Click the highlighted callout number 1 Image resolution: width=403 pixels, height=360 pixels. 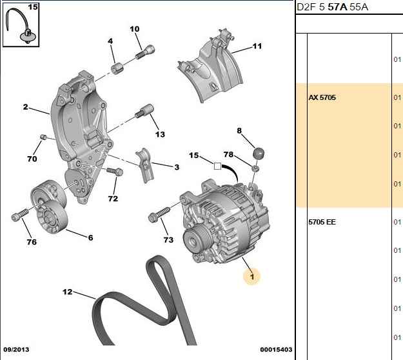(x=252, y=276)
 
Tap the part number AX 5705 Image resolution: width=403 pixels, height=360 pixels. (x=322, y=97)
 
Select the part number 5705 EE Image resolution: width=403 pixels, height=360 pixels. (x=322, y=222)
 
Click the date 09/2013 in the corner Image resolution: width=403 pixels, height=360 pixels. (x=16, y=350)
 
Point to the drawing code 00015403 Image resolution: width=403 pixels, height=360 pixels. (x=276, y=350)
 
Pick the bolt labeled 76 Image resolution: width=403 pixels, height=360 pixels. (x=20, y=215)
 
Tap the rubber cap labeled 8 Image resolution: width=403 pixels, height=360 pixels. (x=259, y=154)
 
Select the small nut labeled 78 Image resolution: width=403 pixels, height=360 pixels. (x=255, y=168)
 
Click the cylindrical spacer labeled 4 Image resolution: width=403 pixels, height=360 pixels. (x=117, y=68)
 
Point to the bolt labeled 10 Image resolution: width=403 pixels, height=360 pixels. (x=145, y=52)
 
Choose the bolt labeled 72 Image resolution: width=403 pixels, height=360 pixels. (x=115, y=171)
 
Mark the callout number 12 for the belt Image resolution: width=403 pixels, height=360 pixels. (x=67, y=292)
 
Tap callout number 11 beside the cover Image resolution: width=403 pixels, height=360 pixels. (x=257, y=46)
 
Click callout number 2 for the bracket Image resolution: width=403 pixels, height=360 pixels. (x=25, y=106)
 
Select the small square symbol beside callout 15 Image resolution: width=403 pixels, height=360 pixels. (x=217, y=166)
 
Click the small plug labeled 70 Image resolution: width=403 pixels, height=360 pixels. (x=43, y=137)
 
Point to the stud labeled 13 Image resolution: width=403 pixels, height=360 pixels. (x=144, y=111)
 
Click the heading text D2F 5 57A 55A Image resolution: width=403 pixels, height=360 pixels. (x=332, y=7)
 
